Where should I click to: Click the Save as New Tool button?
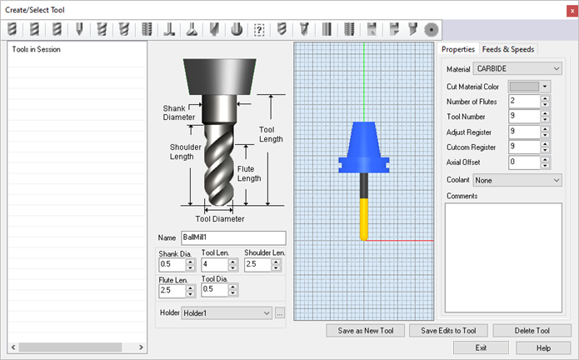pyautogui.click(x=366, y=331)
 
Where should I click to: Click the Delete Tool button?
pyautogui.click(x=532, y=331)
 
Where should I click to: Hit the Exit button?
pyautogui.click(x=481, y=347)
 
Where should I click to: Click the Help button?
pyautogui.click(x=543, y=347)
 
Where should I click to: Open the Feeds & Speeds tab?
pyautogui.click(x=508, y=49)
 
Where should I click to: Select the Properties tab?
pyautogui.click(x=459, y=49)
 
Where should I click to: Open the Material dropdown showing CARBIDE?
pyautogui.click(x=517, y=68)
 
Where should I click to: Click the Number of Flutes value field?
pyautogui.click(x=522, y=102)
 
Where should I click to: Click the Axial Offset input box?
pyautogui.click(x=522, y=162)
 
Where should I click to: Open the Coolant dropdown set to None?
pyautogui.click(x=517, y=179)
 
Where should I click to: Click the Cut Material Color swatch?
pyautogui.click(x=524, y=86)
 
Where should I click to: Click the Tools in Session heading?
pyautogui.click(x=36, y=49)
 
